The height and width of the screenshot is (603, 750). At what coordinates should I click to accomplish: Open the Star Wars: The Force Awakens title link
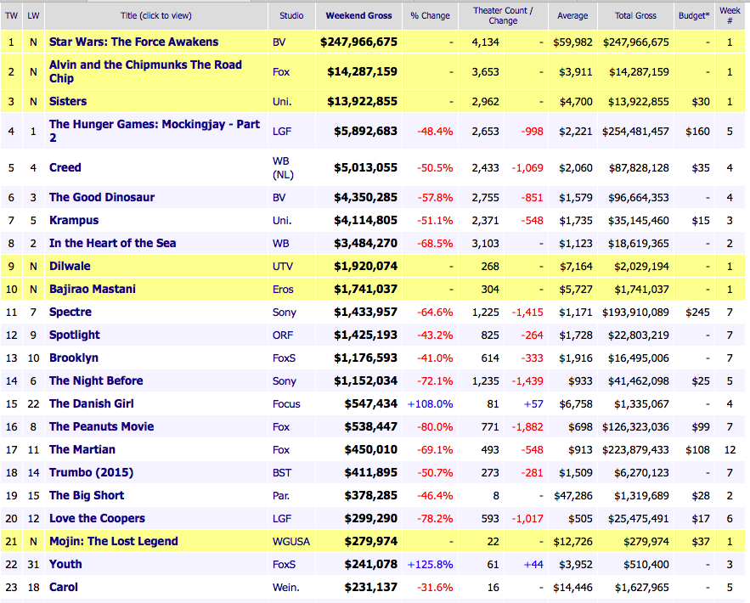(x=133, y=42)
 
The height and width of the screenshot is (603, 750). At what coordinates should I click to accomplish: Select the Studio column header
(x=291, y=15)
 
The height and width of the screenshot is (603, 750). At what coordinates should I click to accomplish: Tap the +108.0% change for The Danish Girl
(x=431, y=403)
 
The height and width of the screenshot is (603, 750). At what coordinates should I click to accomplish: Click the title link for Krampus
(x=74, y=220)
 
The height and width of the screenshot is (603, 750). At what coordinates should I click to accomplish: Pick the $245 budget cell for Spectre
(x=700, y=312)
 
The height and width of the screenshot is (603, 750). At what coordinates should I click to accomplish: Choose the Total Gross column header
(x=635, y=15)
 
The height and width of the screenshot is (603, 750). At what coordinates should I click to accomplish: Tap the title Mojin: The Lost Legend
(x=113, y=541)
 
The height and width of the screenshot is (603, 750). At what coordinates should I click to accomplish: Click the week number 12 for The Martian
(x=730, y=449)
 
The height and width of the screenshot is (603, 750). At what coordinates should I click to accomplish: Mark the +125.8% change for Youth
(x=431, y=564)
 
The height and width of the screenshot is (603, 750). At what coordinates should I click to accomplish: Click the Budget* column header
(x=694, y=15)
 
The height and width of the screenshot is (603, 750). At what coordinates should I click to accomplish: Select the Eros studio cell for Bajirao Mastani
(x=285, y=289)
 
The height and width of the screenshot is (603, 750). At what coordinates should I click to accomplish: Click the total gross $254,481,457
(x=635, y=132)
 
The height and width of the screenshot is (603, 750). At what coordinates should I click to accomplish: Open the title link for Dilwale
(x=70, y=266)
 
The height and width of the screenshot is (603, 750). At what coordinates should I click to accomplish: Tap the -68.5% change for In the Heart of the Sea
(x=435, y=243)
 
